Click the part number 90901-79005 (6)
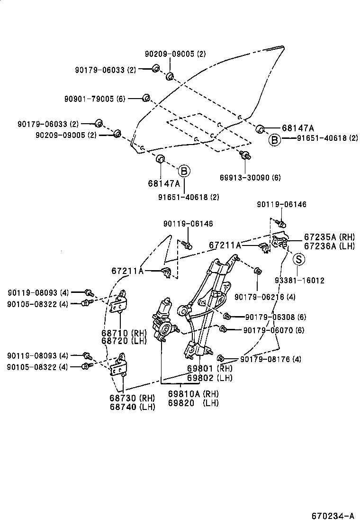95,99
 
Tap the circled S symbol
298,259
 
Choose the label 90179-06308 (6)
275,317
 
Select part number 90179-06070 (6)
274,330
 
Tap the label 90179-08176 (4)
270,359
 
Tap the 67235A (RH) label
329,237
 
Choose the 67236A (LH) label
329,245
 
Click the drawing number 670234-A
333,516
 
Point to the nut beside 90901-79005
147,98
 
